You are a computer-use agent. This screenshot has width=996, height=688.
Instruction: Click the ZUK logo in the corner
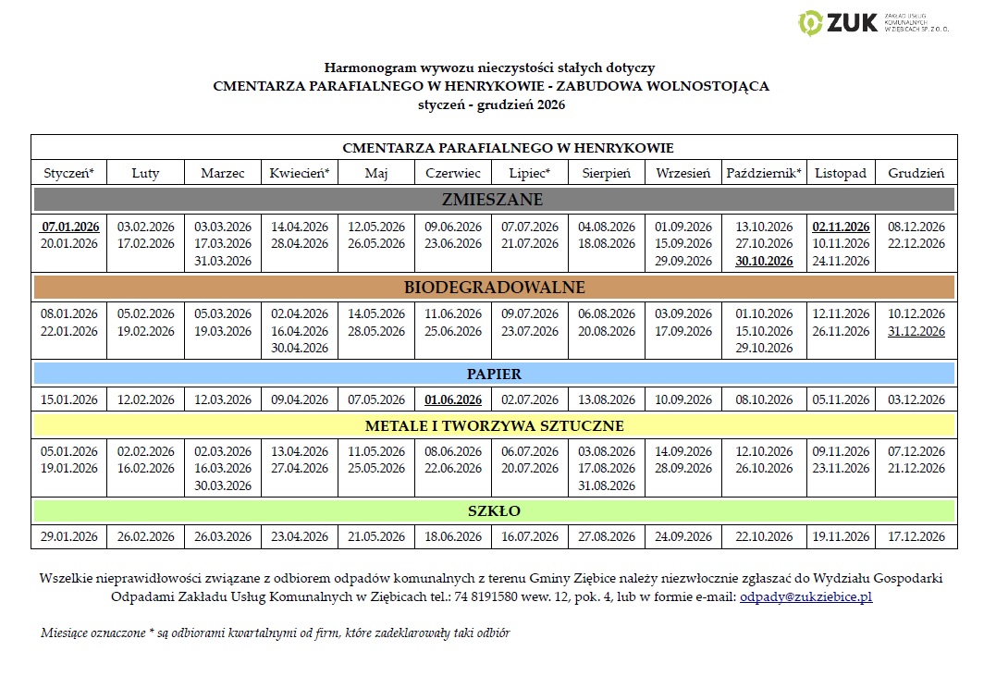click(x=874, y=22)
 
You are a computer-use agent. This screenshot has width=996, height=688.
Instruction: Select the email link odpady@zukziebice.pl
click(x=805, y=597)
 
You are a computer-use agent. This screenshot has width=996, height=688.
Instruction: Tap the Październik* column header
click(x=764, y=173)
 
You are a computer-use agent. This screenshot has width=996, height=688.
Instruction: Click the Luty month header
click(x=145, y=173)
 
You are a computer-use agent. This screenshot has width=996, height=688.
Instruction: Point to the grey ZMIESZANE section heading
click(x=493, y=200)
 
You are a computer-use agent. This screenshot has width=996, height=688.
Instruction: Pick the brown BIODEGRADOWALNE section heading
click(x=493, y=287)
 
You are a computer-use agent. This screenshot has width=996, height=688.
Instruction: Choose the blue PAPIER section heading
click(x=493, y=374)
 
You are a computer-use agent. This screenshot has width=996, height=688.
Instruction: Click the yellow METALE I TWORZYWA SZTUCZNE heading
click(x=493, y=425)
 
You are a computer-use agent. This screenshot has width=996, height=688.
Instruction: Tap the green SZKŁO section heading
click(x=493, y=510)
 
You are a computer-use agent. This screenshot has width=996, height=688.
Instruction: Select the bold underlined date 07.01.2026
click(x=70, y=227)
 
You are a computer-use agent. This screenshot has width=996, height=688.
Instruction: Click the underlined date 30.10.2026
click(x=764, y=262)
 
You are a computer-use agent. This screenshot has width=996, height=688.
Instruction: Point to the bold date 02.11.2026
click(x=841, y=227)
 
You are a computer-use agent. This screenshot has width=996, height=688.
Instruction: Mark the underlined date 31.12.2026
click(x=916, y=331)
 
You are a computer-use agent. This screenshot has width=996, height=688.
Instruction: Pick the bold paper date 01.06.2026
click(x=453, y=399)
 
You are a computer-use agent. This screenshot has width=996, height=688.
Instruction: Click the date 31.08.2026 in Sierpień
click(x=607, y=485)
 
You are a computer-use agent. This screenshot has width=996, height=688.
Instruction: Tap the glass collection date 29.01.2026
click(x=69, y=536)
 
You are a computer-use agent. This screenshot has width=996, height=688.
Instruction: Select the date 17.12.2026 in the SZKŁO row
click(x=916, y=536)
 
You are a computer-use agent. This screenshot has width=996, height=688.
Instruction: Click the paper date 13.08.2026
click(x=607, y=399)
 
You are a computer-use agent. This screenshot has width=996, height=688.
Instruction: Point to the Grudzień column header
click(x=916, y=173)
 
